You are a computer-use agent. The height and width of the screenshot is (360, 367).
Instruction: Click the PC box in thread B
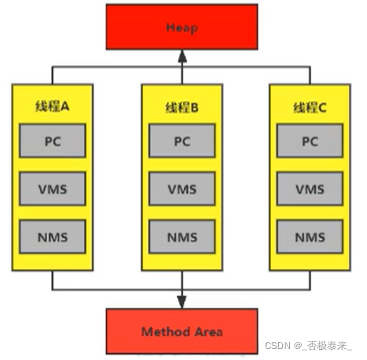click(x=182, y=142)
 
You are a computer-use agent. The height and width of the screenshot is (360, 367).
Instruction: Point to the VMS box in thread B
click(x=182, y=189)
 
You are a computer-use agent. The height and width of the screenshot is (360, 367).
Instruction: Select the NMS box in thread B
click(x=182, y=237)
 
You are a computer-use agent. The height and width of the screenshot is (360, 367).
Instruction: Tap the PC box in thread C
click(x=310, y=142)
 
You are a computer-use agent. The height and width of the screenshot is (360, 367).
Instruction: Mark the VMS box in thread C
click(x=310, y=189)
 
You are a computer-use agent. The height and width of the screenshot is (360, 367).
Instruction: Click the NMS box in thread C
click(x=310, y=237)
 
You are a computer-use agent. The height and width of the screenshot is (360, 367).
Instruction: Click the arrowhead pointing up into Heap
click(x=182, y=59)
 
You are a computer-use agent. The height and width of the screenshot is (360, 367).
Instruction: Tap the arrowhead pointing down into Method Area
click(x=182, y=301)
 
